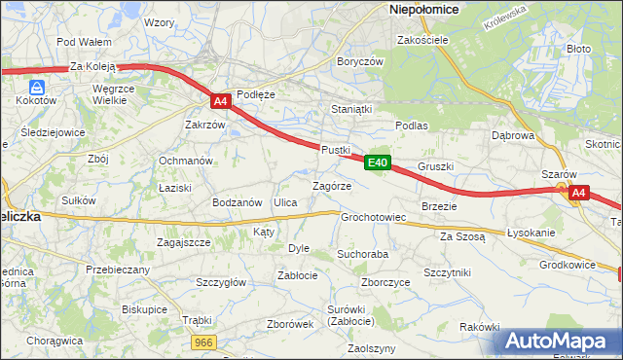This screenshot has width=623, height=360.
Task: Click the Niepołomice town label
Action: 424,9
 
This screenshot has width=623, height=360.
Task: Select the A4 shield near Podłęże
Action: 220,100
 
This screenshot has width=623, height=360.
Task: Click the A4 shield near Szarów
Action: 578,193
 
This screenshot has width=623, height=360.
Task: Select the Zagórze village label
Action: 331,185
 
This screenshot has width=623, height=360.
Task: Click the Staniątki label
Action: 352,109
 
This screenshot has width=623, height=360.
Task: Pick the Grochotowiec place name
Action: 373,217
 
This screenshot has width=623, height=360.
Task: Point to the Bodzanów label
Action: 238,202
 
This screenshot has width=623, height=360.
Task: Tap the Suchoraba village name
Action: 362,254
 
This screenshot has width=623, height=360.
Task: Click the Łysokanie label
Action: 531,234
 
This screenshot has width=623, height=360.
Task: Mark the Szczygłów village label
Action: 221,282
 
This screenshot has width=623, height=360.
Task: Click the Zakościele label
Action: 422,41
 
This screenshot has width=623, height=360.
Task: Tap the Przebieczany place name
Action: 118,270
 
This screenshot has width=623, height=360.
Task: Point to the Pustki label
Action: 335,150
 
